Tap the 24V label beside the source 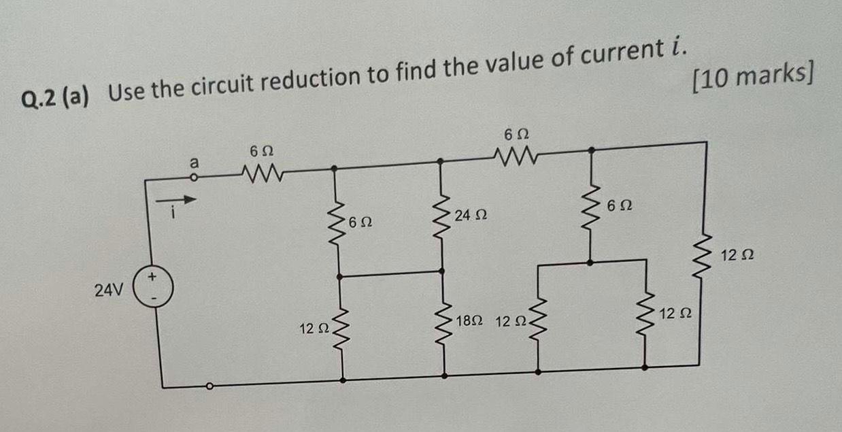pyautogui.click(x=109, y=291)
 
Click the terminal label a pyautogui.click(x=195, y=163)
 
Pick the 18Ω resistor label pyautogui.click(x=471, y=320)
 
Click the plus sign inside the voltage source pyautogui.click(x=154, y=277)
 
